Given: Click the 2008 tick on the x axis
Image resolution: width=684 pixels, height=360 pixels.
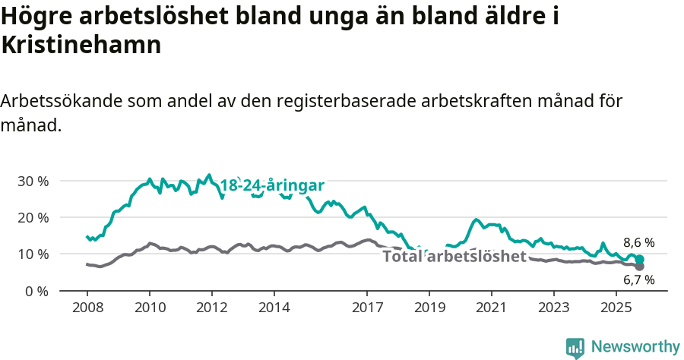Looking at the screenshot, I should [87, 308].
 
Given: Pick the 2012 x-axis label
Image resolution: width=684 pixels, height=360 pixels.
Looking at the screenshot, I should [211, 308].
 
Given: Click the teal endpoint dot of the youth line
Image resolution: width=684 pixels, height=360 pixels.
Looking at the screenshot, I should [640, 260].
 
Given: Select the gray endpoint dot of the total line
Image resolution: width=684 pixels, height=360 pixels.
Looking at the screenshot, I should [640, 267].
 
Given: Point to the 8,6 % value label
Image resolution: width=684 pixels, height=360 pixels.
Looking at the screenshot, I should [638, 243].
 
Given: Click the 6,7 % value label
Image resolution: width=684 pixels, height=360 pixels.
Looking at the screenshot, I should [638, 280].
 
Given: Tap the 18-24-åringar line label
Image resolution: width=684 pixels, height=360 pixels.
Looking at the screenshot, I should [272, 185].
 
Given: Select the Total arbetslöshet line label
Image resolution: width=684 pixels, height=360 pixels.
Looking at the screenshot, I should [454, 257].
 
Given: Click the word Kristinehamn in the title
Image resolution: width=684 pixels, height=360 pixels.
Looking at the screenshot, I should [81, 45].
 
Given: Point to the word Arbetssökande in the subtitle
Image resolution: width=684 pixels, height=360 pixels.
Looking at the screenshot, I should [62, 101].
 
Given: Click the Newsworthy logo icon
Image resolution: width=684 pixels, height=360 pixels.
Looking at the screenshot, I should [575, 348].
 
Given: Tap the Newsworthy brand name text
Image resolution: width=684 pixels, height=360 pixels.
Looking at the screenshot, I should [635, 347].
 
